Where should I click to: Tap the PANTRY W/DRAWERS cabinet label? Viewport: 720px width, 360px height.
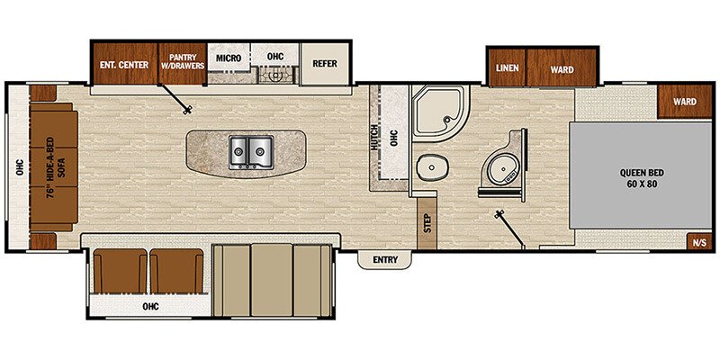(183, 62)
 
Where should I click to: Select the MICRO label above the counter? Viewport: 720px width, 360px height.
(229, 58)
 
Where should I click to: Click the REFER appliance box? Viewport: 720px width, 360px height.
(324, 63)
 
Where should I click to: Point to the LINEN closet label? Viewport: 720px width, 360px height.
(507, 67)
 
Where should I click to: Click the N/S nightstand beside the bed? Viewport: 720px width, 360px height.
(698, 241)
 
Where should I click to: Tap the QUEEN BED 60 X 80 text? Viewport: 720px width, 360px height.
(641, 176)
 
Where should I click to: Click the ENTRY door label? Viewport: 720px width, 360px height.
(384, 260)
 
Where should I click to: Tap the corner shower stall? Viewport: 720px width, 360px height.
(438, 117)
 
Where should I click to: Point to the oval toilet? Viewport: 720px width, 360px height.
(431, 167)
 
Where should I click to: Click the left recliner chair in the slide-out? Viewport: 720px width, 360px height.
(120, 273)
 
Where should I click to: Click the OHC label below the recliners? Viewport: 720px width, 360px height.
(149, 307)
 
